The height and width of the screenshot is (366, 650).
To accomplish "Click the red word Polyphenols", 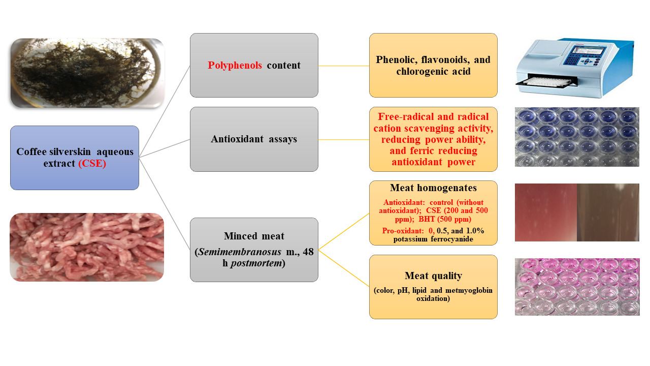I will pos(235,65).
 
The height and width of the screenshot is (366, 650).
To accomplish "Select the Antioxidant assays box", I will pos(254,139).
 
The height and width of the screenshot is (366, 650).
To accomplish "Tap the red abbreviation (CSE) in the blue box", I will pos(92,164).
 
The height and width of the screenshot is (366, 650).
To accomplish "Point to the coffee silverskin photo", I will pos(87,73).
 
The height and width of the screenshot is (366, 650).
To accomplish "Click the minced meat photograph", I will pos(87,247).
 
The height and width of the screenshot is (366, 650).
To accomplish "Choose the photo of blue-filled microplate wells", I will pos(577,137).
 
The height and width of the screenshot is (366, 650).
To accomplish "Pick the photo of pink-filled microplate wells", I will pos(577,287).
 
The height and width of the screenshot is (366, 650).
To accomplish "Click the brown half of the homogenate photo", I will pos(608,212).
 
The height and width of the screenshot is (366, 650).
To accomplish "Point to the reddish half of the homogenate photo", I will pos(545,212).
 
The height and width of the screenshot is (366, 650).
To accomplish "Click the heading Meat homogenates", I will pos(433,189).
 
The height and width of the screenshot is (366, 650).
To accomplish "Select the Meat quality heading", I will pos(433,276).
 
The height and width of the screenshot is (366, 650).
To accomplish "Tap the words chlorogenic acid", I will pos(433,72).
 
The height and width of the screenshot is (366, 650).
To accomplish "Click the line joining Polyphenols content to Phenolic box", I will pos(343,66).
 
